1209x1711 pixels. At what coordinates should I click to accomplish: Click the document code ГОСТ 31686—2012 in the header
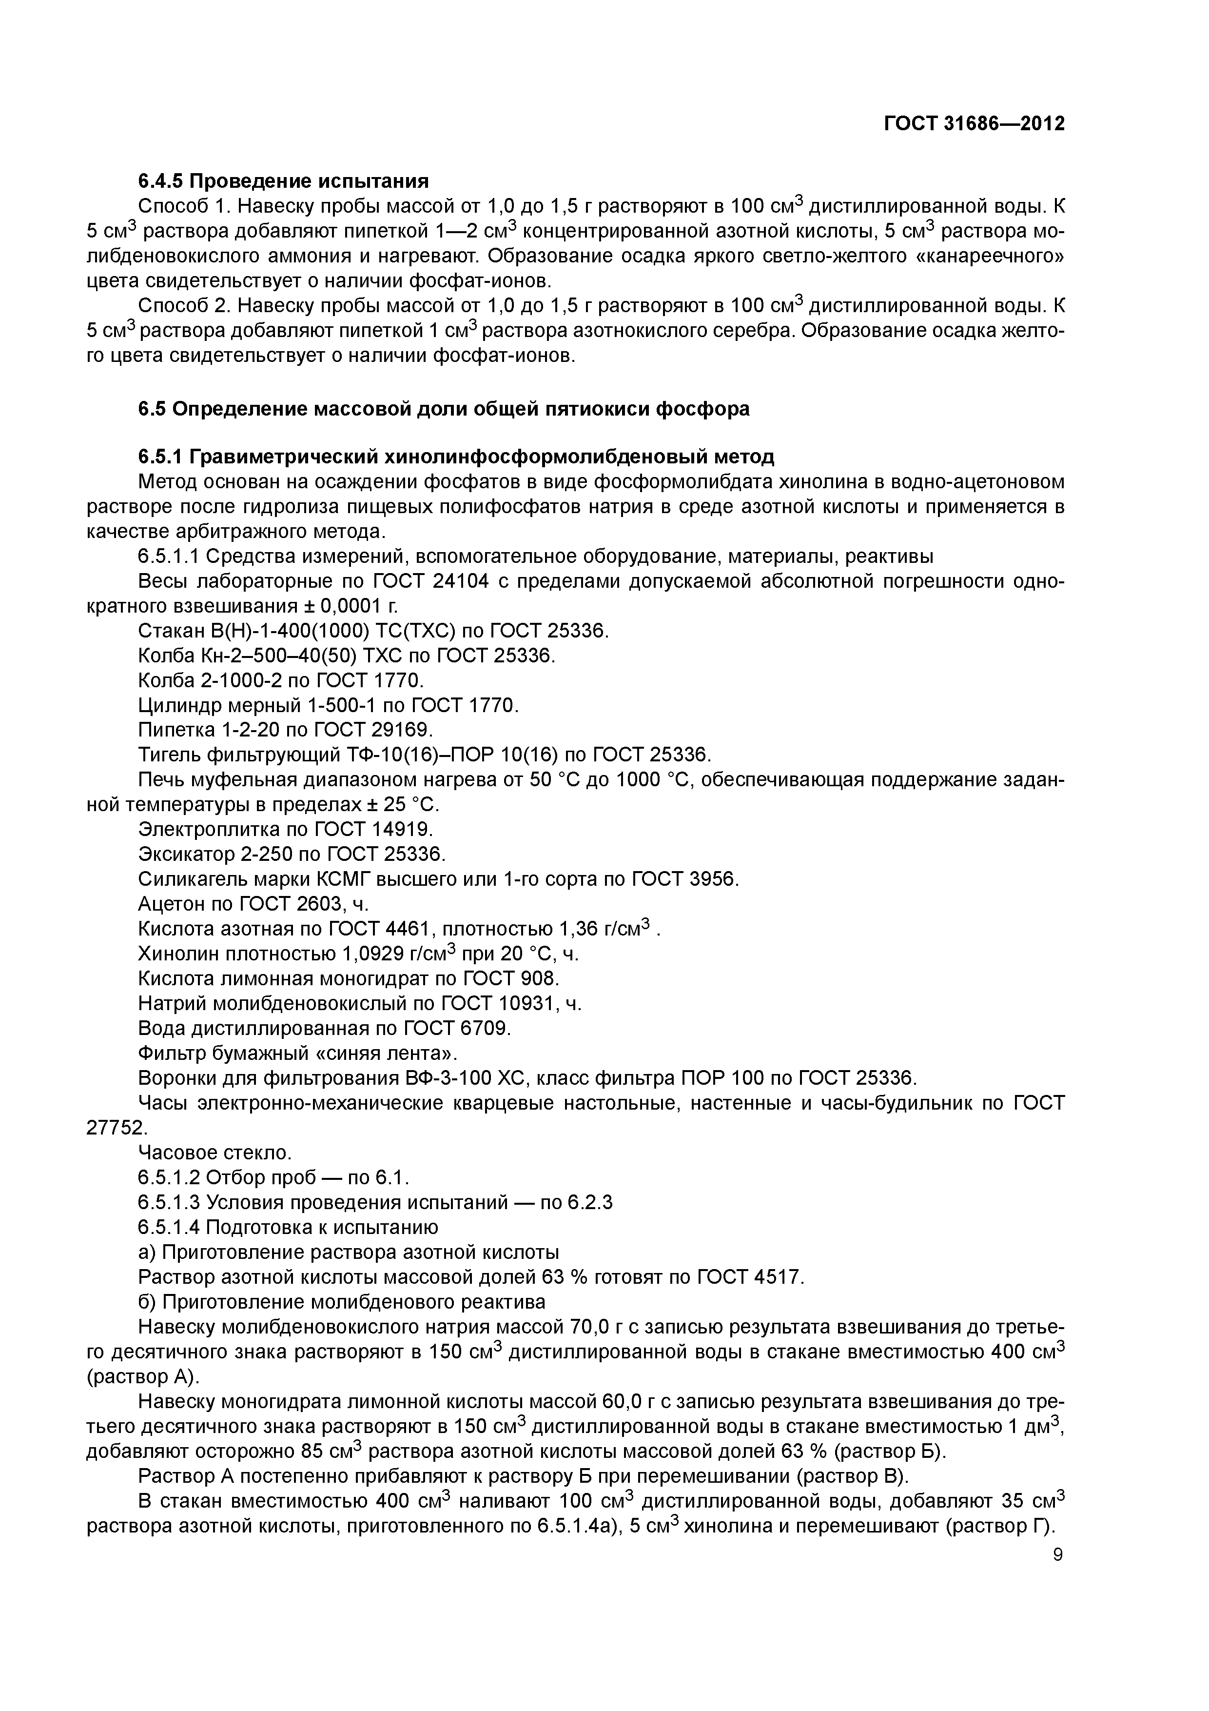pos(975,124)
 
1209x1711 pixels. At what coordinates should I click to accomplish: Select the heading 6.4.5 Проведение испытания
pos(284,181)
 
